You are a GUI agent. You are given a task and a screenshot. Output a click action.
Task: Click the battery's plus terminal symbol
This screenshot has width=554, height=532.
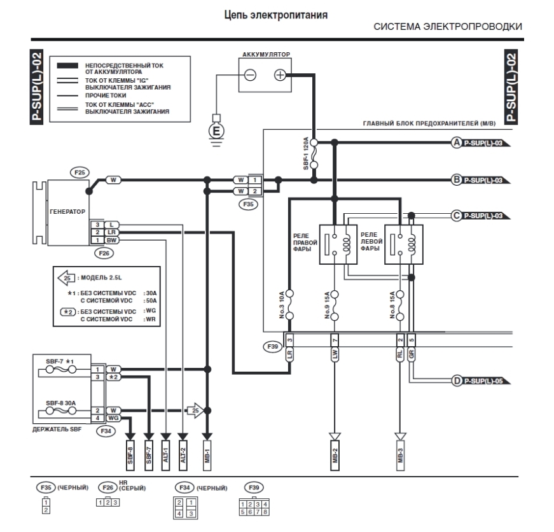pyautogui.click(x=280, y=75)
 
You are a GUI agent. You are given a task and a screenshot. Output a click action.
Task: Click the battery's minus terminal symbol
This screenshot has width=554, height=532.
pyautogui.click(x=250, y=75)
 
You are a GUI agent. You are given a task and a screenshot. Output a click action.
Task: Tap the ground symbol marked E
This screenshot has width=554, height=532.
pyautogui.click(x=216, y=131)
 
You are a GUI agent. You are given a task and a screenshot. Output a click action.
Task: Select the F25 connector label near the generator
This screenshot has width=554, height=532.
pyautogui.click(x=80, y=172)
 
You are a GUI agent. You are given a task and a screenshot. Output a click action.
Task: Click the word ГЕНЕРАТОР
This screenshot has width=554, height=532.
pyautogui.click(x=67, y=212)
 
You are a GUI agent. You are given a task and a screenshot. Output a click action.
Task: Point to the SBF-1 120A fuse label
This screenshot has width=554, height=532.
pyautogui.click(x=306, y=153)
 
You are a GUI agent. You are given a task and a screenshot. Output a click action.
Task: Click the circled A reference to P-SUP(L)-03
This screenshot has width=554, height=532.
pyautogui.click(x=457, y=143)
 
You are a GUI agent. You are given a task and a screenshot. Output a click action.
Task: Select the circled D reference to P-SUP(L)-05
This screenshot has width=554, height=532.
pyautogui.click(x=457, y=381)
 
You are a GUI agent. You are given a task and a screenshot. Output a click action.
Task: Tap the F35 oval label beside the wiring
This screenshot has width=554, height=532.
pyautogui.click(x=249, y=204)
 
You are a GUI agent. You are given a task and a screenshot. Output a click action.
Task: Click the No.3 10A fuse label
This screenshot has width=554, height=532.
pyautogui.click(x=282, y=305)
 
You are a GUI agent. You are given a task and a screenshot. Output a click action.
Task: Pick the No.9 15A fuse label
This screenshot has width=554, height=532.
pyautogui.click(x=327, y=305)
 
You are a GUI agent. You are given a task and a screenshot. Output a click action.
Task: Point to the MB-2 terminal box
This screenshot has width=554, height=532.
pyautogui.click(x=335, y=456)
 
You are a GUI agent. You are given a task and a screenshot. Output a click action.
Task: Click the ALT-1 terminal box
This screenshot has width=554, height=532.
pyautogui.click(x=166, y=456)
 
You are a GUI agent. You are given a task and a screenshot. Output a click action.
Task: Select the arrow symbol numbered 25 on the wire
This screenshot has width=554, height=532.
pyautogui.click(x=195, y=410)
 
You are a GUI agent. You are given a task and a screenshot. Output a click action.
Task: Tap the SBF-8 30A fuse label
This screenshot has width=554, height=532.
pyautogui.click(x=61, y=403)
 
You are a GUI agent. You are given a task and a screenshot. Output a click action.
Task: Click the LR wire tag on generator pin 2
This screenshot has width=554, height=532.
pyautogui.click(x=112, y=232)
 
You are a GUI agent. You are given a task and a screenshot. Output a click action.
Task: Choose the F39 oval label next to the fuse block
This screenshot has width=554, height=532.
pyautogui.click(x=273, y=346)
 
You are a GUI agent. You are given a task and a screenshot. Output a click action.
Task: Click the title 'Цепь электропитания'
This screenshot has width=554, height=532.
pyautogui.click(x=276, y=15)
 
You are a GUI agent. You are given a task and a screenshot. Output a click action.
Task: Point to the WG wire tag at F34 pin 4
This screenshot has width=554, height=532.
pyautogui.click(x=113, y=418)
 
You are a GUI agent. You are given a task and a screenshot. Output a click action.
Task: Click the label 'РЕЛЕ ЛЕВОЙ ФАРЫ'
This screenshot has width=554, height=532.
pyautogui.click(x=371, y=242)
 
